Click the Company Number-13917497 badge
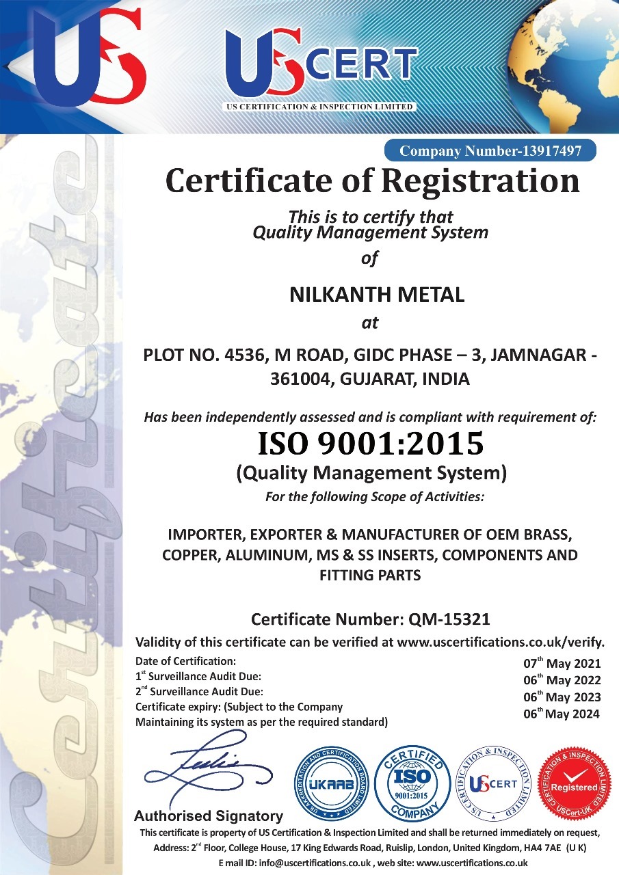(x=490, y=150)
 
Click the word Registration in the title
(x=480, y=181)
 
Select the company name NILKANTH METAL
(x=377, y=295)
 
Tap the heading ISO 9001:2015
(x=370, y=444)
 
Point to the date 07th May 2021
(x=562, y=663)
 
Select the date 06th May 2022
(x=562, y=680)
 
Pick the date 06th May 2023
(x=562, y=697)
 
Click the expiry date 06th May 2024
(x=562, y=714)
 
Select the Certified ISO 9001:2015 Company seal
(x=413, y=782)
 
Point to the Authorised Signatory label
(x=208, y=816)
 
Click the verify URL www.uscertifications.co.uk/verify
(x=501, y=642)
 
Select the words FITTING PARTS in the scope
(x=370, y=576)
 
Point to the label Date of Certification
(x=185, y=661)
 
